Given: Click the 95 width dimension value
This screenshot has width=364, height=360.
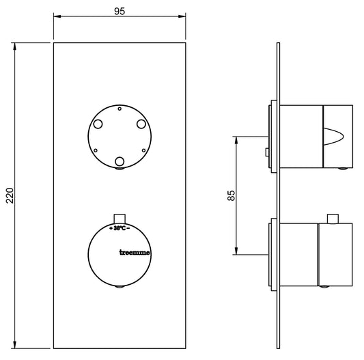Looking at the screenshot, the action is click(x=120, y=11).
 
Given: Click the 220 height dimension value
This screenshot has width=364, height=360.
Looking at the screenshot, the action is click(x=10, y=195).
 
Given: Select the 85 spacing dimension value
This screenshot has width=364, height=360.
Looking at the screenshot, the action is click(x=232, y=195).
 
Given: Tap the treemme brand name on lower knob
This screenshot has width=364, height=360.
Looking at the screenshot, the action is click(x=135, y=253).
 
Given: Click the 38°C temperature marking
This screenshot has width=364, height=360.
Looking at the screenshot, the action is click(x=120, y=228).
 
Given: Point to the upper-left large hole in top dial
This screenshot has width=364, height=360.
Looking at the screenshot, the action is click(x=98, y=124).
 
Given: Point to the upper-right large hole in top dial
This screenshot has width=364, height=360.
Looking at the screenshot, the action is click(x=141, y=124).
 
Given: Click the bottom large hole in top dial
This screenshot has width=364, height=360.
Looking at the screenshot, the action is click(x=120, y=161).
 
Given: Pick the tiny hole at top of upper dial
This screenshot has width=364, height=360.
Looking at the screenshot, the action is click(x=120, y=109).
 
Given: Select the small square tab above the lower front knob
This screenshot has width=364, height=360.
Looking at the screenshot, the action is click(x=120, y=219).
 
